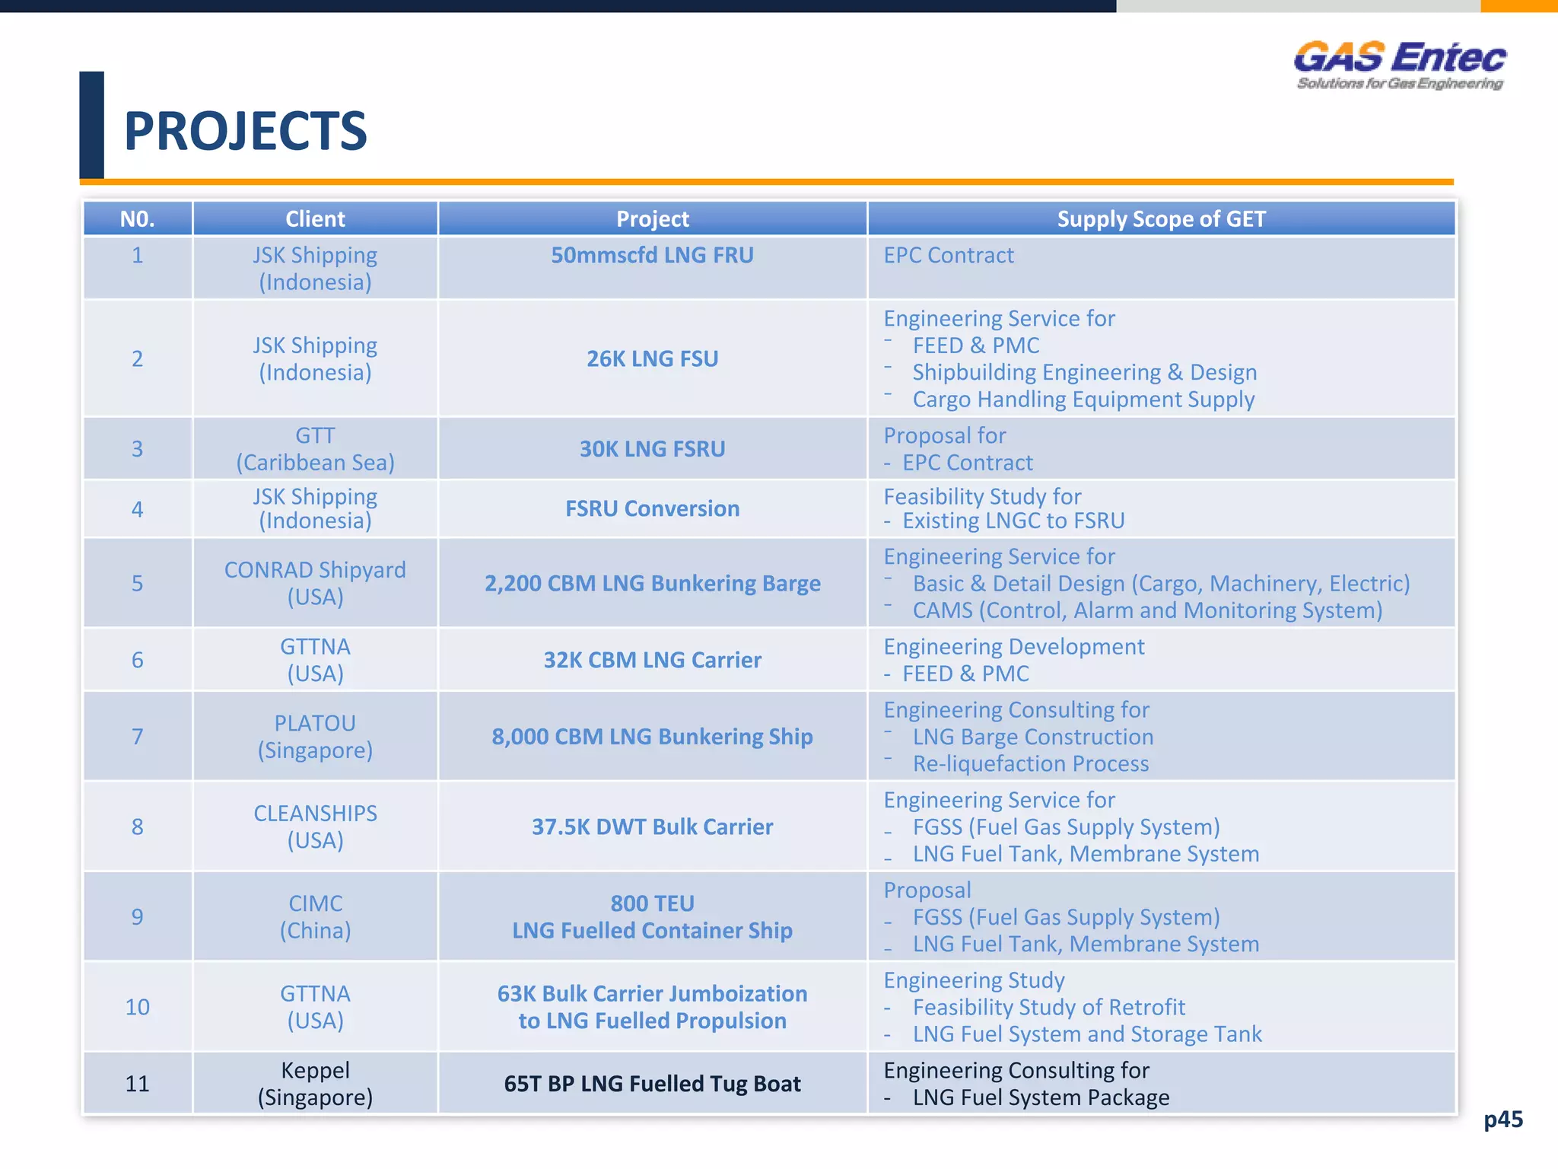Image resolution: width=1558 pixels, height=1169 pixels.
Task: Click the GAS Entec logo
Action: click(1399, 65)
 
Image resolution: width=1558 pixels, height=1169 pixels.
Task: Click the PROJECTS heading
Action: click(245, 131)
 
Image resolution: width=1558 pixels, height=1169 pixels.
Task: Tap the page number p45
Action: click(1502, 1120)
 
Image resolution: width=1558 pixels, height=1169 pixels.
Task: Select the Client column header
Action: click(315, 219)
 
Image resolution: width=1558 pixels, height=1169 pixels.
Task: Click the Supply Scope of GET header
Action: click(1161, 219)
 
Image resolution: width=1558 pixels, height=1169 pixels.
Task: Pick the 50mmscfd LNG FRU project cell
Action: click(652, 256)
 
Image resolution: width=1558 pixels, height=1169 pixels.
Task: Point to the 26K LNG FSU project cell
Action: click(652, 358)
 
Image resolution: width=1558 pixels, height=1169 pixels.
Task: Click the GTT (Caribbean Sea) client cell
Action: click(315, 449)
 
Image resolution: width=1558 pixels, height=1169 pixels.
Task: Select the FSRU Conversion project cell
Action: click(652, 508)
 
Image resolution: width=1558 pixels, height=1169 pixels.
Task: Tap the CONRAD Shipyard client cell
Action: click(315, 583)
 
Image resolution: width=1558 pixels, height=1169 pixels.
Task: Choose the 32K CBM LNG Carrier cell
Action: click(652, 660)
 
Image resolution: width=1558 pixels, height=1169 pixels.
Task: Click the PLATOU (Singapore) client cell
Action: click(315, 736)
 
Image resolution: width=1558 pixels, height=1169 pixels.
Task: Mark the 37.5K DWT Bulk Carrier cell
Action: click(652, 827)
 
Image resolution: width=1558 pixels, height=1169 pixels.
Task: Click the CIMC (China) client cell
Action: click(315, 916)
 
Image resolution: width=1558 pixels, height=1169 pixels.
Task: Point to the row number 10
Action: click(137, 1007)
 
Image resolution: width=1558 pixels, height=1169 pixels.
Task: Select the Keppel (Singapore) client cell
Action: click(315, 1083)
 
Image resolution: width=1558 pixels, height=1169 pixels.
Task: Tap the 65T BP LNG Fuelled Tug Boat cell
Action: click(652, 1084)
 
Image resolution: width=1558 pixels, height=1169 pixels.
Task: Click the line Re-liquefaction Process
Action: click(1030, 764)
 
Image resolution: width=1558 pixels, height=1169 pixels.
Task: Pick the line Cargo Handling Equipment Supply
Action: click(1083, 400)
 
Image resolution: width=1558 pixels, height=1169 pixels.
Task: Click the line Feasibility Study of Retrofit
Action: click(1048, 1008)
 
